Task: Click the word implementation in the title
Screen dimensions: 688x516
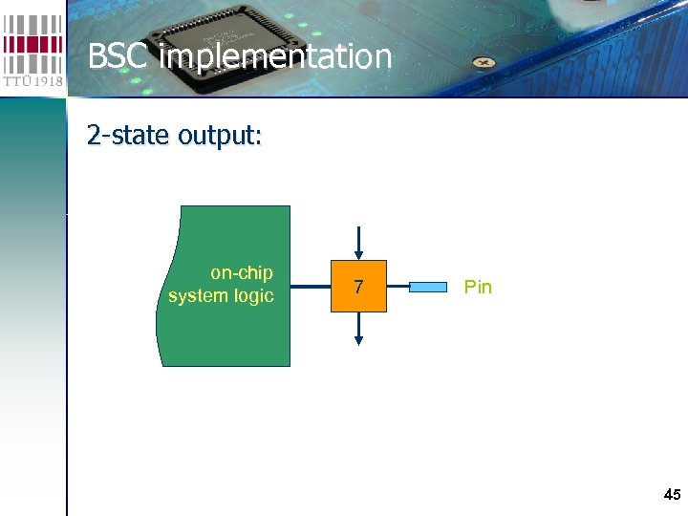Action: coord(276,57)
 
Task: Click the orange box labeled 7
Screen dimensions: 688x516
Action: coord(358,286)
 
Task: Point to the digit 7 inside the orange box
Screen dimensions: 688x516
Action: coord(358,287)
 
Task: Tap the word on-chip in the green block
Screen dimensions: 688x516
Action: coord(241,273)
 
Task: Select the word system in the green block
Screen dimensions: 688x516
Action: coord(198,296)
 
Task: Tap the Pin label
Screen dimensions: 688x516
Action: coord(478,287)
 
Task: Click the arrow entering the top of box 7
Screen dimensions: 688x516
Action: coord(358,241)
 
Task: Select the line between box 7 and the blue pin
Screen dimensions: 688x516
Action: coord(398,286)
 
